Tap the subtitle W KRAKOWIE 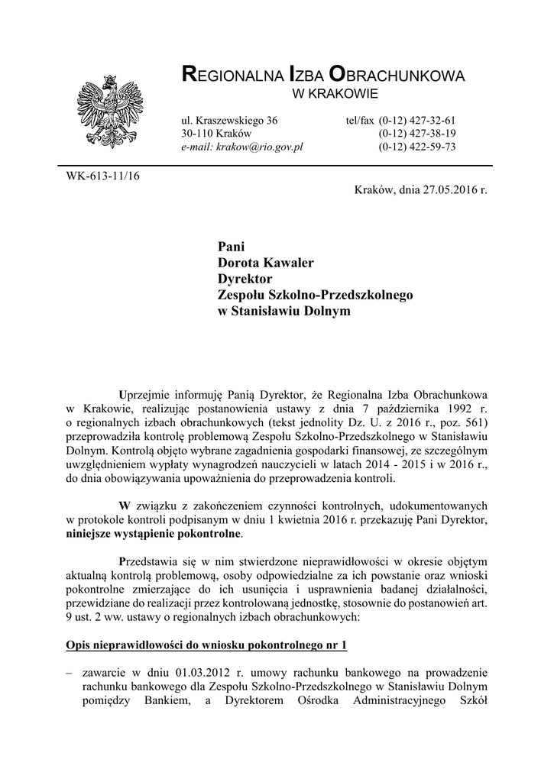coord(336,94)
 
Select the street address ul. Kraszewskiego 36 coord(228,121)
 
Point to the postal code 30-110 coord(196,134)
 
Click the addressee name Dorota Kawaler coord(266,263)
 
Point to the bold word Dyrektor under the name coord(245,279)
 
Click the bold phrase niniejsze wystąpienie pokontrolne coord(154,535)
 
